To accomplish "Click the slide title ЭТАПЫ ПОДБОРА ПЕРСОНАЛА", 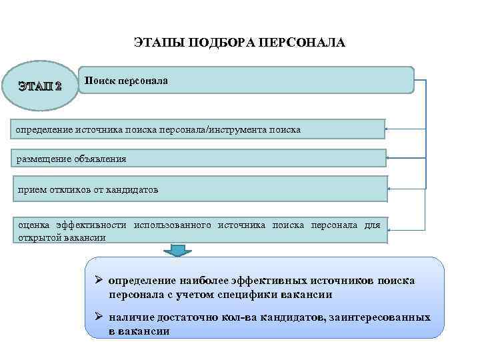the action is point(240,43).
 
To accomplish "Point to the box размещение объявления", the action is point(200,158).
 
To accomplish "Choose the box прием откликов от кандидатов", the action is point(200,189).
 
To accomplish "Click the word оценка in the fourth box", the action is point(33,225).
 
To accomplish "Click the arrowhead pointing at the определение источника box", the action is point(389,128).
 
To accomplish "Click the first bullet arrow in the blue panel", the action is point(98,281).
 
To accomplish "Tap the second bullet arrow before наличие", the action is point(98,318).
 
